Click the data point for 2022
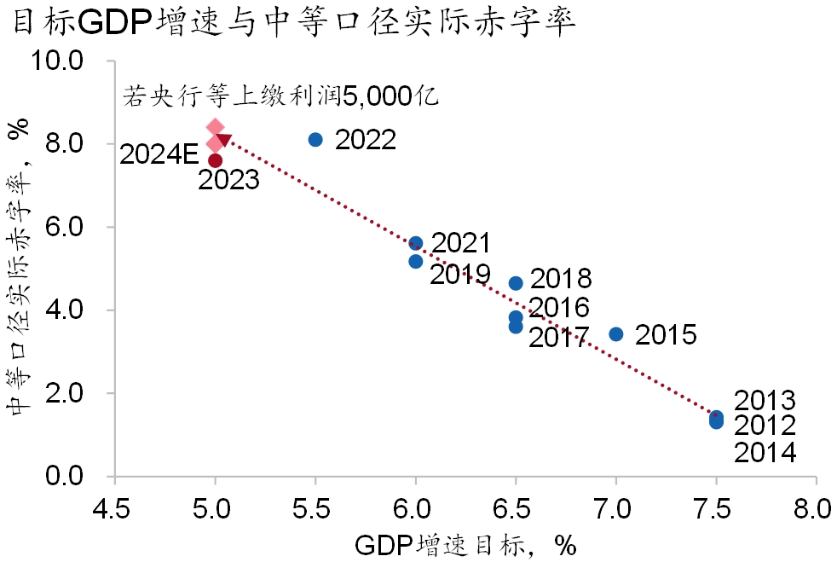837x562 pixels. coord(315,140)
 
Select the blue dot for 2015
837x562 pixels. coord(616,334)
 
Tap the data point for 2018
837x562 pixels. coord(516,283)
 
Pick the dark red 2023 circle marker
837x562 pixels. coord(215,160)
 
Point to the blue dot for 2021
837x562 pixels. coord(416,244)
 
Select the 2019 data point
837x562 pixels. coord(416,262)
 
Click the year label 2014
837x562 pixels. coord(765,452)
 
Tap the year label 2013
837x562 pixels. coord(765,401)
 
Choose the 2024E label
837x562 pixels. coord(159,154)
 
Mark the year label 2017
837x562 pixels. coord(559,339)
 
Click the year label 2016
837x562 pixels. coord(559,308)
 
